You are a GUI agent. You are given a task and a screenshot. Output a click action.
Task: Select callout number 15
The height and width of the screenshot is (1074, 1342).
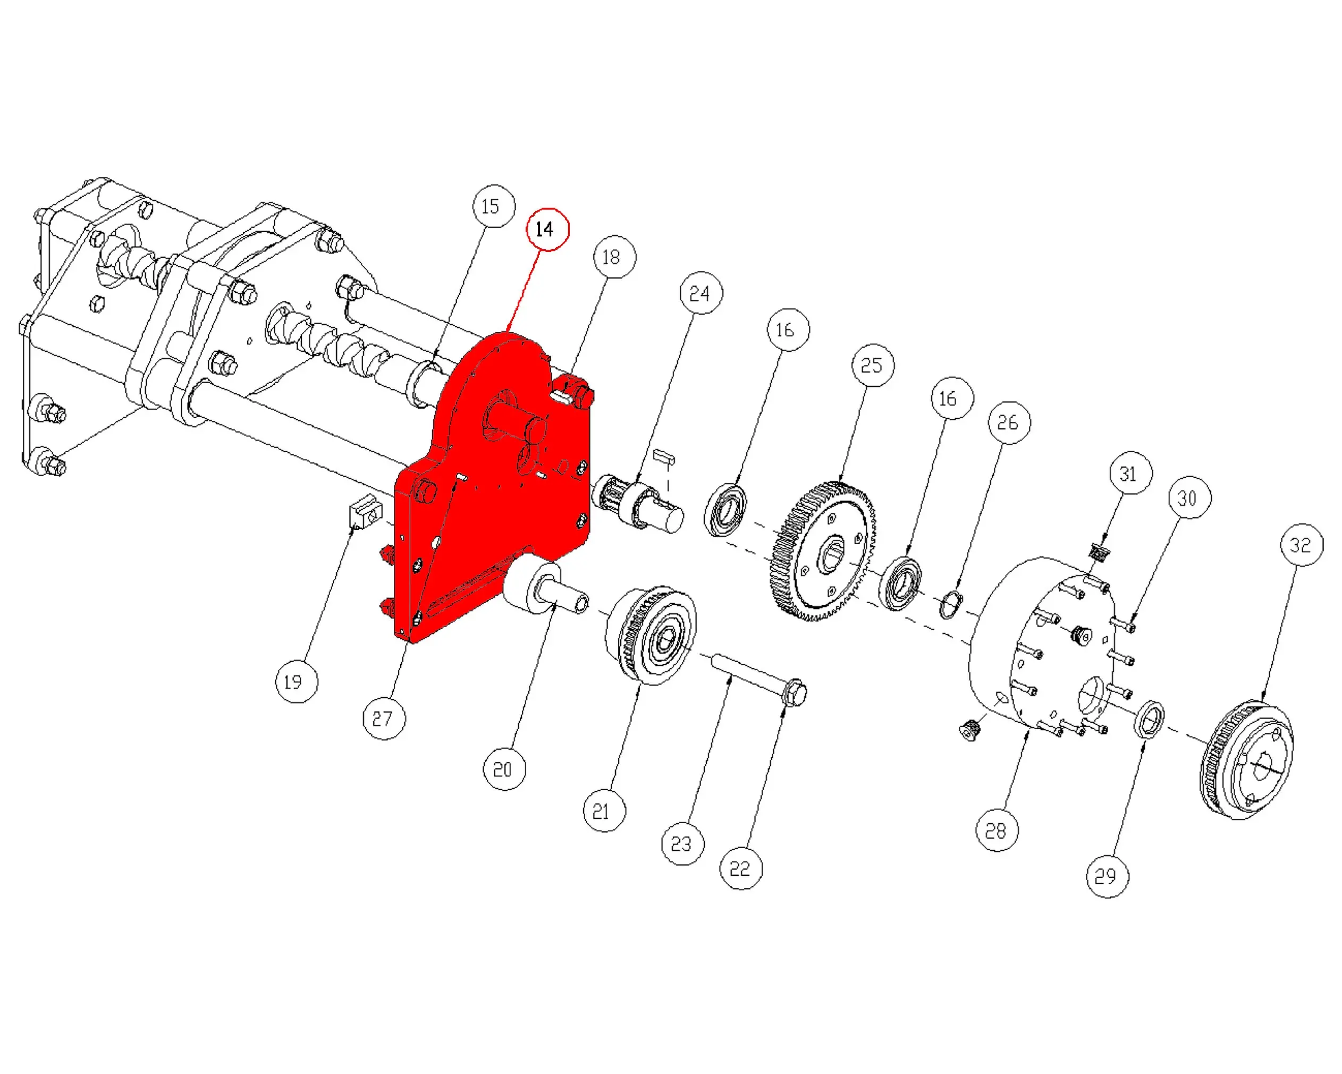click(x=494, y=206)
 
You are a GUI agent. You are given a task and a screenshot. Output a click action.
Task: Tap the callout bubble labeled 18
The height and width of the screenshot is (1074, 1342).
click(x=614, y=257)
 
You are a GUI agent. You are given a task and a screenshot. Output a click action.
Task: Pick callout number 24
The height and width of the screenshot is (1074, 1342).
click(x=702, y=293)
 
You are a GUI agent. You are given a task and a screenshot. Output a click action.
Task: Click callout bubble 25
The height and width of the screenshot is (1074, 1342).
click(x=873, y=365)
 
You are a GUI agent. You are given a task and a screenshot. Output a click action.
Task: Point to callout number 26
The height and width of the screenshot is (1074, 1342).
click(x=1009, y=423)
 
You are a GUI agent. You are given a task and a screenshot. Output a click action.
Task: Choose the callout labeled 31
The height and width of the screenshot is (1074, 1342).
click(x=1130, y=473)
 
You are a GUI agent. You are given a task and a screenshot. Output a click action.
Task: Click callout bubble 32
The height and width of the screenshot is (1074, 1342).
click(x=1302, y=545)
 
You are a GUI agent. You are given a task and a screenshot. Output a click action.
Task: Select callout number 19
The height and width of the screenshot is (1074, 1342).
click(x=296, y=682)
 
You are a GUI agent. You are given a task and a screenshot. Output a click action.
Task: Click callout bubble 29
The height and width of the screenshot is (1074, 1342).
click(x=1107, y=876)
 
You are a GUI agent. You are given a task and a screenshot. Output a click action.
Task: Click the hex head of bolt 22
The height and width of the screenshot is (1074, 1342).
click(x=795, y=692)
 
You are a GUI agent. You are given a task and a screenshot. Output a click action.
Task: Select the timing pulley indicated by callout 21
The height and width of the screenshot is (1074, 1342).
click(x=651, y=634)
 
